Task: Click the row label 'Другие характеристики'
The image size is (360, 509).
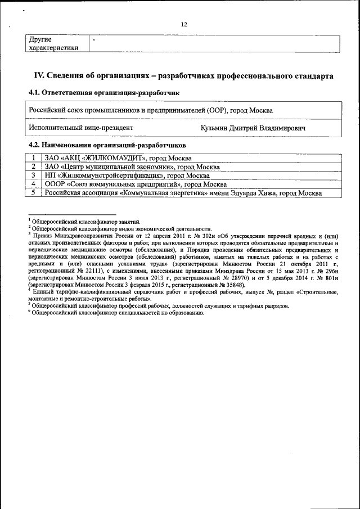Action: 53,44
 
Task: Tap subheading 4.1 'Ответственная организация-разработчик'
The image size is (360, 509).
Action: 104,92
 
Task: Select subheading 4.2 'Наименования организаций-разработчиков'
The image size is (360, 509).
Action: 107,145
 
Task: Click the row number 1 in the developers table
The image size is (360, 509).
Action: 34,158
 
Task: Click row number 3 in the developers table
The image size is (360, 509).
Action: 34,175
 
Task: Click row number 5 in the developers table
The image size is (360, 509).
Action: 34,193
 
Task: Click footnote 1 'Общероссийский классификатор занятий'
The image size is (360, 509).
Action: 84,222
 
